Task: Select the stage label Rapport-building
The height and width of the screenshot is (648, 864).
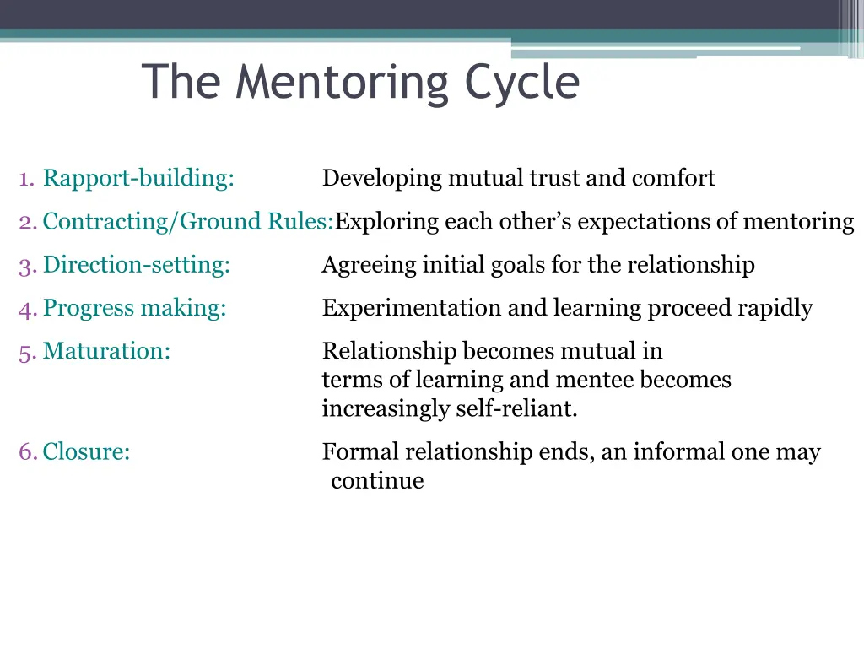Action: [138, 179]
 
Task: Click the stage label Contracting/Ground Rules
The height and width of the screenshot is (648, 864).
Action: [188, 222]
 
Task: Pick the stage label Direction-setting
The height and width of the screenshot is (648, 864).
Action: [137, 265]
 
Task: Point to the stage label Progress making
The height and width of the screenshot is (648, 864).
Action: [135, 308]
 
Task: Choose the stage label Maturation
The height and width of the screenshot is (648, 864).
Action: [106, 351]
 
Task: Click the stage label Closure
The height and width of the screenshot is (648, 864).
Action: [86, 452]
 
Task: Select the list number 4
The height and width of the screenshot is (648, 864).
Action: [25, 308]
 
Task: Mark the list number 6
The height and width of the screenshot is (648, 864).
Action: [25, 452]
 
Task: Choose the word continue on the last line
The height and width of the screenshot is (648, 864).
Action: [377, 481]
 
